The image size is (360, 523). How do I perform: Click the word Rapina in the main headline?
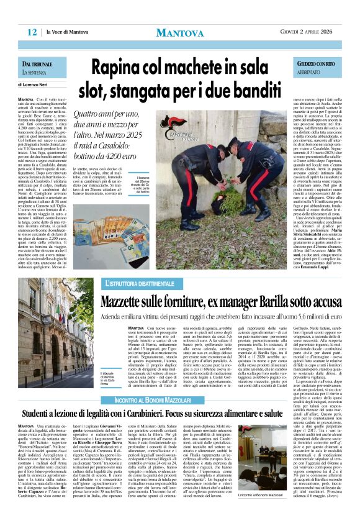[124, 66]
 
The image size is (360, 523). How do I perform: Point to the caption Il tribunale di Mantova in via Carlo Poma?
[109, 363]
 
